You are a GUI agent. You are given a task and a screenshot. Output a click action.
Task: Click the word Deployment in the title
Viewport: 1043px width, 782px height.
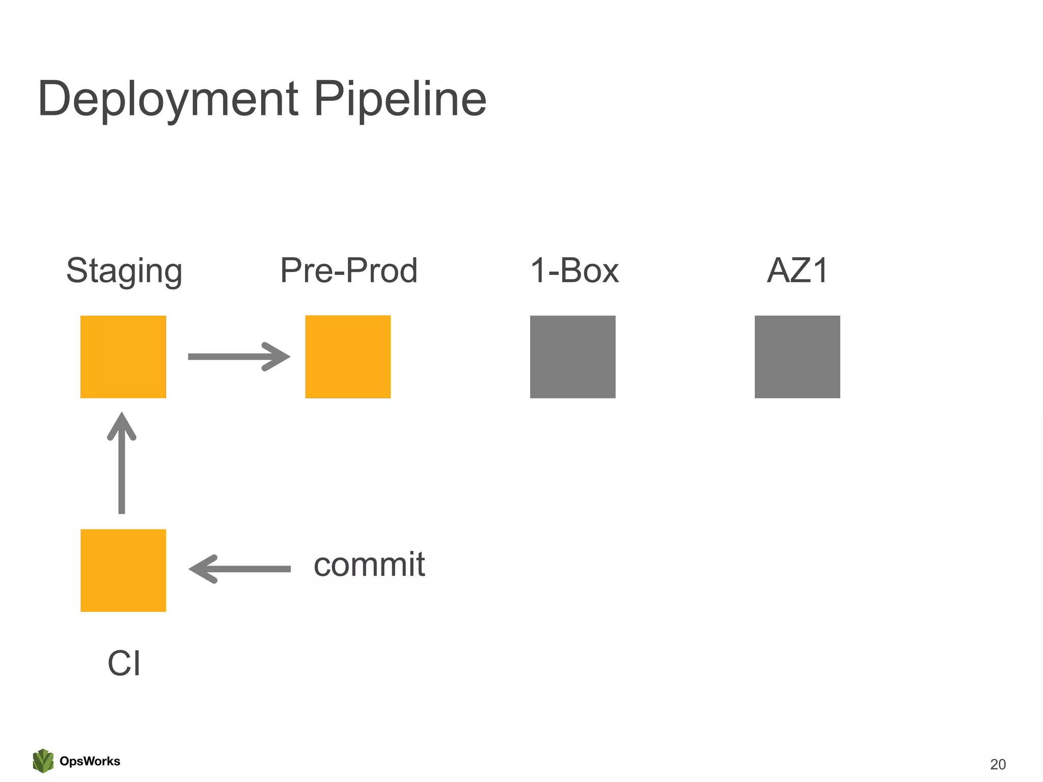(168, 99)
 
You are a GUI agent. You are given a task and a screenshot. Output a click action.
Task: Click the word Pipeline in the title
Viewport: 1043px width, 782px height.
(400, 99)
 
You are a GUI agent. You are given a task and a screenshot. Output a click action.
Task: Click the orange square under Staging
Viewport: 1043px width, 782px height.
(123, 356)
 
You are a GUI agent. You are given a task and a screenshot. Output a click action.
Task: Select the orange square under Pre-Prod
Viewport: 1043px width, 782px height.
(348, 356)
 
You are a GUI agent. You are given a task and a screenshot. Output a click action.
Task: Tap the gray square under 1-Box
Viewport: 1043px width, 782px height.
(572, 356)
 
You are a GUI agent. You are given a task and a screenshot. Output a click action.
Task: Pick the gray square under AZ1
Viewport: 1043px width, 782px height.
(797, 356)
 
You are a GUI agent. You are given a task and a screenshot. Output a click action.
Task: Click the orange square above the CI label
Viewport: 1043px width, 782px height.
(123, 570)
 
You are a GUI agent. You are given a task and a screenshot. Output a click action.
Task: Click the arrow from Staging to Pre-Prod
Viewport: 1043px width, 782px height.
(234, 356)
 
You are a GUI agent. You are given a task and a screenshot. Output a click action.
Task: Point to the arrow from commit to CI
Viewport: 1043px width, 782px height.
(239, 569)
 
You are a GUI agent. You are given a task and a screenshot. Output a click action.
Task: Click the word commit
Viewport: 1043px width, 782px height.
(369, 565)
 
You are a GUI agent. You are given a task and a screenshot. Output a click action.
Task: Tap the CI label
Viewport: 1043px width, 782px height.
(124, 663)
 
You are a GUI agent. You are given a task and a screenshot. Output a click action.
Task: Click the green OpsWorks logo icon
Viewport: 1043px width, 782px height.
(43, 761)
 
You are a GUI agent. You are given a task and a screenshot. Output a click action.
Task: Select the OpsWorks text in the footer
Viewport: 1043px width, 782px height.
(90, 761)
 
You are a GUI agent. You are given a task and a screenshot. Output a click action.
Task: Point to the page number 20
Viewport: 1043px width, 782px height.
(998, 764)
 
